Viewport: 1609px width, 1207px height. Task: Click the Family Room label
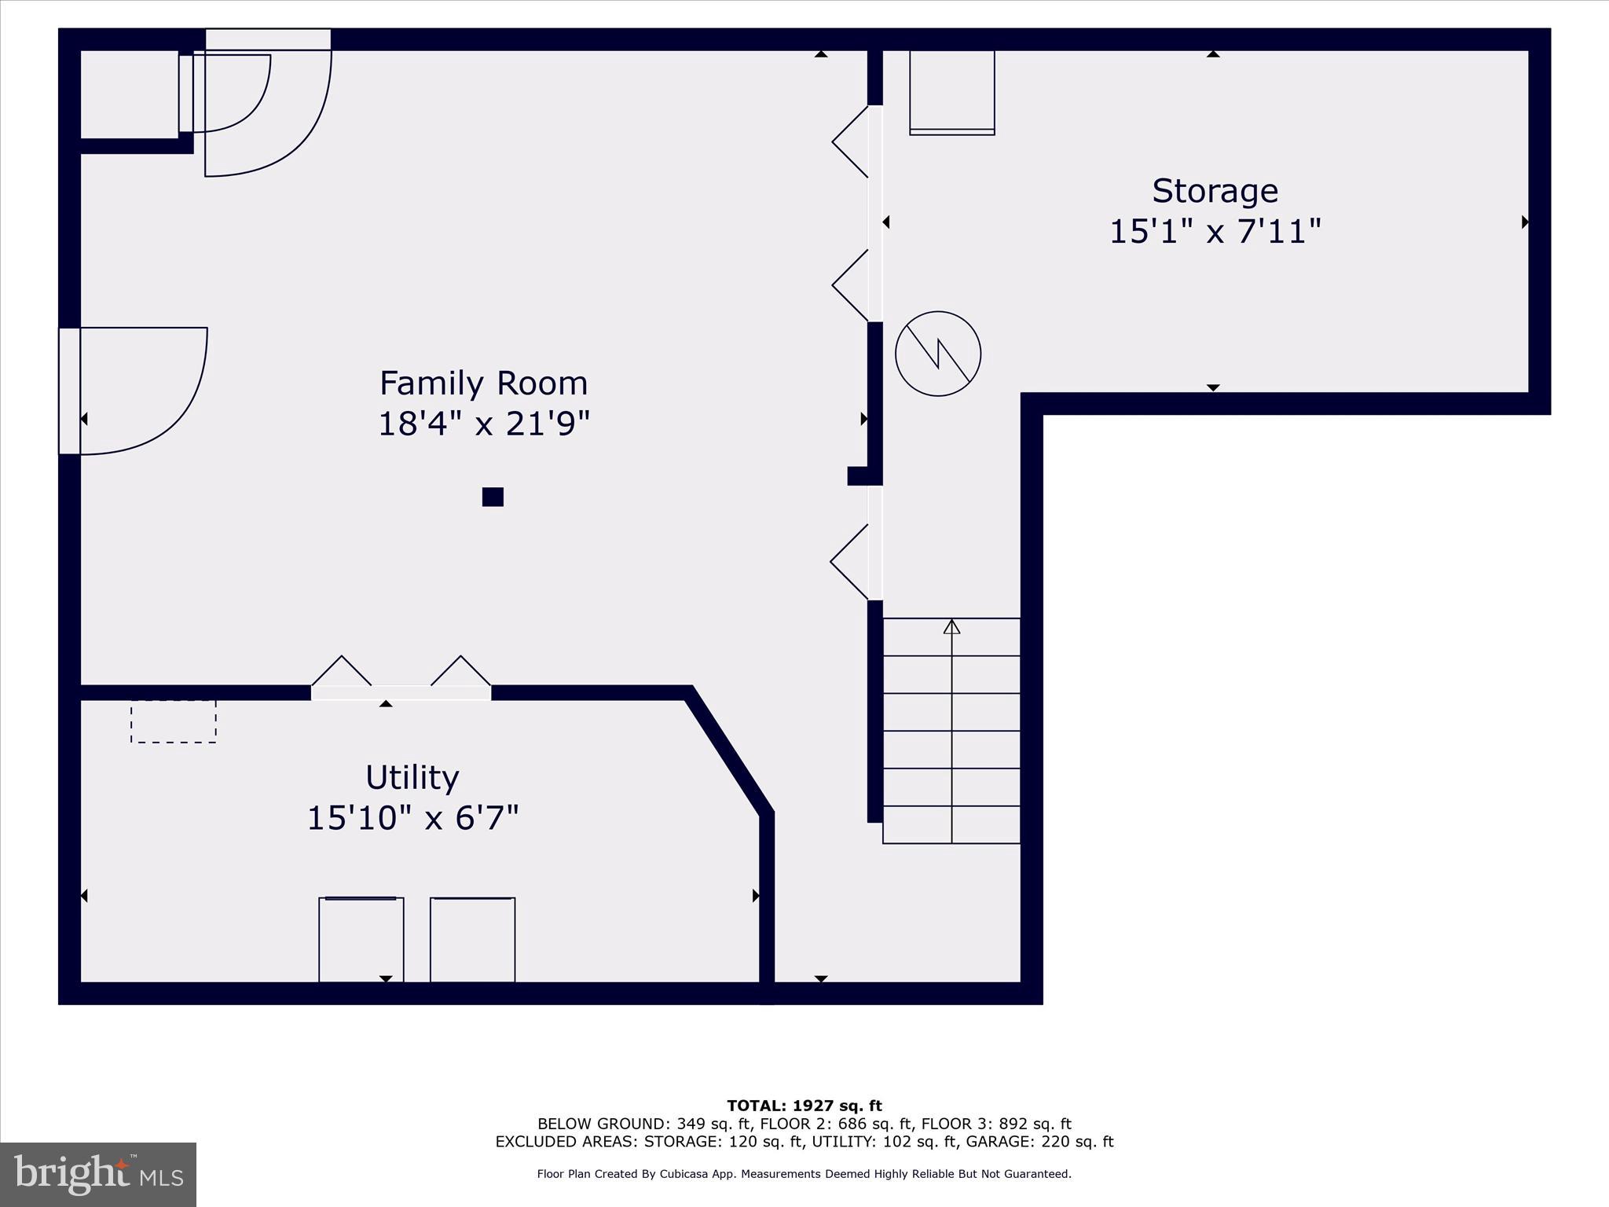tap(483, 383)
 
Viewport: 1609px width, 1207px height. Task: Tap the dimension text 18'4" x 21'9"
tap(483, 424)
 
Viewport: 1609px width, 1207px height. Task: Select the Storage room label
tap(1215, 191)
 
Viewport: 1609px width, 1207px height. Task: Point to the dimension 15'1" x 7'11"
tap(1215, 232)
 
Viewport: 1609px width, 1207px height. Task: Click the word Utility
tap(412, 778)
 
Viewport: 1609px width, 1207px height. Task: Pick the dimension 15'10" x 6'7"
tap(412, 818)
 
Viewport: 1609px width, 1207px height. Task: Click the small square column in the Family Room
tap(493, 497)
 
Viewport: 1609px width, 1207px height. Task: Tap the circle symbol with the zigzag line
tap(938, 354)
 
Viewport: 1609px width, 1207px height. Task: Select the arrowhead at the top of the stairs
tap(951, 626)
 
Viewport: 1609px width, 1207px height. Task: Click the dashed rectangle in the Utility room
tap(173, 721)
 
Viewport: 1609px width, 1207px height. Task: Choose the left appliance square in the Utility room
tap(361, 939)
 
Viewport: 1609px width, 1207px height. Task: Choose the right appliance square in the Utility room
tap(472, 939)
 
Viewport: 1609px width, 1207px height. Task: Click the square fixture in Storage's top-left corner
tap(951, 92)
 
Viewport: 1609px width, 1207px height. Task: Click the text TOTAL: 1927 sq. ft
tap(804, 1106)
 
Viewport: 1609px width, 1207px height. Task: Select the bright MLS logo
tap(98, 1175)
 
